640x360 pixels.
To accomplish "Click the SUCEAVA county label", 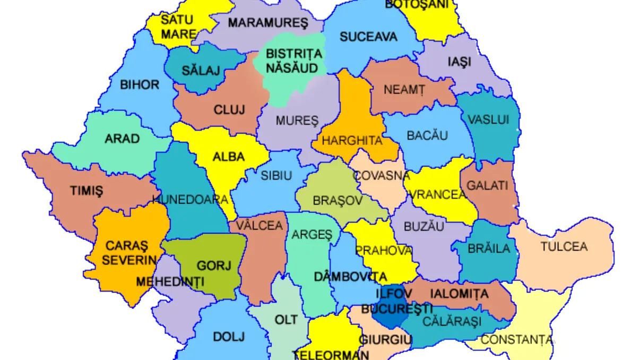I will click(368, 37).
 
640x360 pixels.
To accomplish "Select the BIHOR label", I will click(140, 84).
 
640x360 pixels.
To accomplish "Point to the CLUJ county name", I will click(229, 110).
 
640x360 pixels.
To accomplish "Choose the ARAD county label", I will click(122, 139).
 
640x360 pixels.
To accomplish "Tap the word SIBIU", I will click(276, 175).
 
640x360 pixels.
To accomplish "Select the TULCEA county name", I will click(564, 246).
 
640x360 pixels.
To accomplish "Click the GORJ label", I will click(214, 265).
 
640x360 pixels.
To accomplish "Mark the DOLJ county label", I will click(229, 337).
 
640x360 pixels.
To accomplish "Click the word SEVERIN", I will click(129, 260).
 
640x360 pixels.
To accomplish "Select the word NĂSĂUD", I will click(292, 68).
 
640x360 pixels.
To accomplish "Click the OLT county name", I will click(286, 320).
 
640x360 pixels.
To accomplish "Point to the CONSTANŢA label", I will click(517, 340).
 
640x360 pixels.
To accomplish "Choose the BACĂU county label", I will click(427, 135).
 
